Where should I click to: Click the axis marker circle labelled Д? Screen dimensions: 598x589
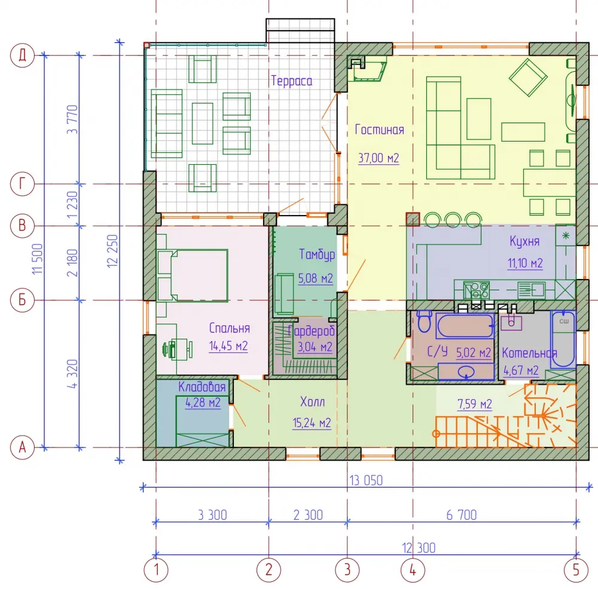(22, 55)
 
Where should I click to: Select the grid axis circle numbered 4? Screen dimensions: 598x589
(413, 570)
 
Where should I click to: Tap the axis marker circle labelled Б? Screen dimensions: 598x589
(22, 300)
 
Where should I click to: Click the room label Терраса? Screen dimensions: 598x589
(292, 81)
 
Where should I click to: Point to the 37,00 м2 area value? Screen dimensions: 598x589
(379, 158)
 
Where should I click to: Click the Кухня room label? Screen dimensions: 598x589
(524, 241)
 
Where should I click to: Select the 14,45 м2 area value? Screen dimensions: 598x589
(228, 346)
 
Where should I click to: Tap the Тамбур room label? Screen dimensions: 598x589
(317, 254)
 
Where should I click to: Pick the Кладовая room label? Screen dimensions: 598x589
(202, 387)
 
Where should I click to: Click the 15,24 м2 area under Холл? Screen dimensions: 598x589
(312, 423)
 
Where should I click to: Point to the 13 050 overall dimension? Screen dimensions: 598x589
(366, 480)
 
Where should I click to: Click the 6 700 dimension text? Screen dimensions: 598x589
(462, 515)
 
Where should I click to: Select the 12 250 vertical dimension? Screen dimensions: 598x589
(112, 251)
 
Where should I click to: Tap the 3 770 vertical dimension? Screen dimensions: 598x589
(72, 119)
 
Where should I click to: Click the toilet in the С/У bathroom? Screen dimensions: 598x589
(424, 321)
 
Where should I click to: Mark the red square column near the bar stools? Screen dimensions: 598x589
(413, 219)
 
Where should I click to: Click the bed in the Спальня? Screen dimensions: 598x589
(192, 275)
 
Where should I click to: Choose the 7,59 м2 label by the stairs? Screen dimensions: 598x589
(474, 404)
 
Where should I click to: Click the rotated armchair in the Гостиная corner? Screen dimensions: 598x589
(528, 77)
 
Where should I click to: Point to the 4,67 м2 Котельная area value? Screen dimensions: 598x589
(521, 370)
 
